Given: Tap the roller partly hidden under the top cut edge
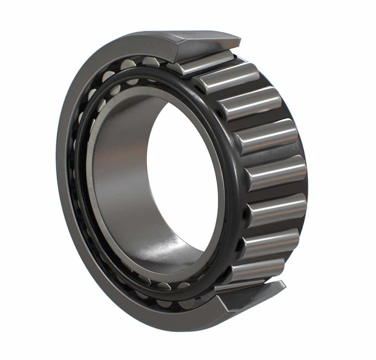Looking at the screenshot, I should click(203, 62).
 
